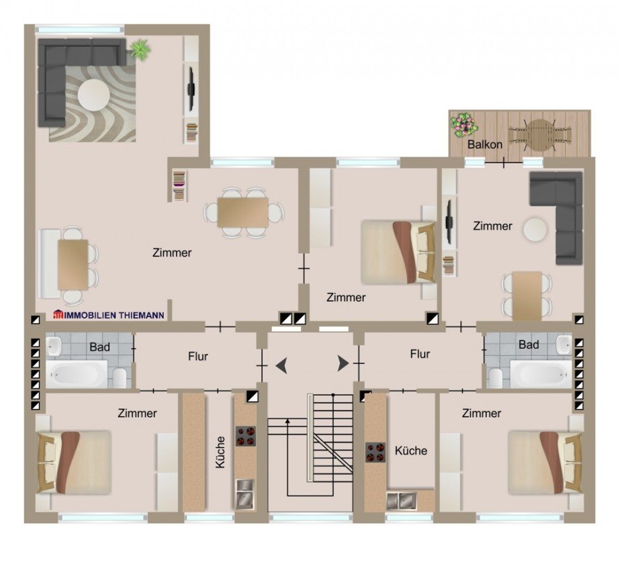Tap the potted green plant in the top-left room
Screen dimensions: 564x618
(140, 50)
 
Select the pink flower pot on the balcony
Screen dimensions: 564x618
(463, 124)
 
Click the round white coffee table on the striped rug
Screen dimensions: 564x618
(92, 95)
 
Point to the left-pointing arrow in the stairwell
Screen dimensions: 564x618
(281, 365)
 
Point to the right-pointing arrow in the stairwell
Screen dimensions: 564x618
(343, 364)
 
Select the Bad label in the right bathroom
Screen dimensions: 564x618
(529, 345)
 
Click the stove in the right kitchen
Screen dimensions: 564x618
(375, 451)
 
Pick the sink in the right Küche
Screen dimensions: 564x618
(401, 499)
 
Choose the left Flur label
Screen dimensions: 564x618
(197, 357)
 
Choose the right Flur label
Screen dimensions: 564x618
(420, 354)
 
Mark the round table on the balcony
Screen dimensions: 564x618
(539, 134)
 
